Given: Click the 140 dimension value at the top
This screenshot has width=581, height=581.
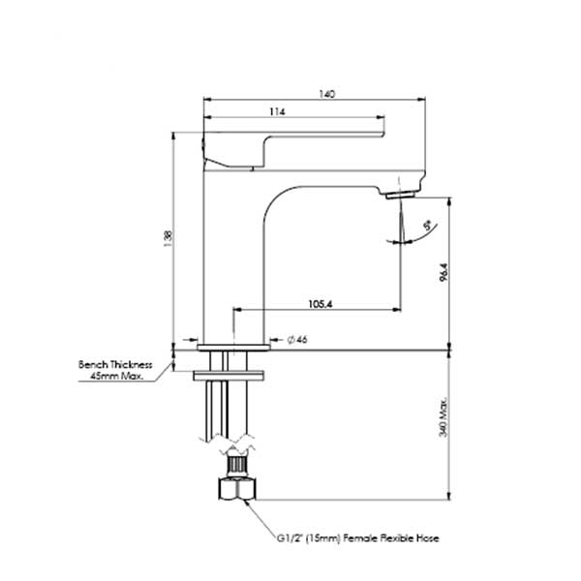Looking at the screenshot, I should (327, 94).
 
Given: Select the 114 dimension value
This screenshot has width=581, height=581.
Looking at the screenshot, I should (277, 113).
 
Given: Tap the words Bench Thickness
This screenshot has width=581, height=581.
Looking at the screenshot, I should (115, 364).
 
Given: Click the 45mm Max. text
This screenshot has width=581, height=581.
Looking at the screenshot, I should (117, 376).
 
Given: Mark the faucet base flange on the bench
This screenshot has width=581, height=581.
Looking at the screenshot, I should (233, 344).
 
